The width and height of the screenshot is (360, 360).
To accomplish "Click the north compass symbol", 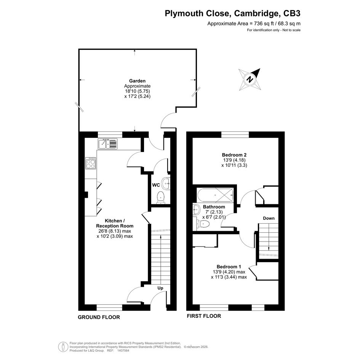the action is [250, 80].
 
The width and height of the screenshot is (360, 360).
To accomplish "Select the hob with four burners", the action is [91, 163].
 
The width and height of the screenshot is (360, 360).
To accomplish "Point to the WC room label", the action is [156, 185].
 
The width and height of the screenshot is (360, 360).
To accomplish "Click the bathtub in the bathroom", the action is [215, 195].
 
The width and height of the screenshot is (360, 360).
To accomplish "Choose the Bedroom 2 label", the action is [234, 155].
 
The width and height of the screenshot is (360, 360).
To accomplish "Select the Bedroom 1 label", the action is [229, 267].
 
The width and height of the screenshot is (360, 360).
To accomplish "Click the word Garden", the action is [137, 81].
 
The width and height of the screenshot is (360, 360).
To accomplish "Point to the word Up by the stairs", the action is [160, 288].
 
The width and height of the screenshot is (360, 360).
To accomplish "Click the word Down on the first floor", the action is [269, 218].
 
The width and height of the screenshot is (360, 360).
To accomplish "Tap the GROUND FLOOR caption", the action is [99, 317].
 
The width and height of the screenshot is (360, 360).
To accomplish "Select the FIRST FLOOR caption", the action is [204, 316].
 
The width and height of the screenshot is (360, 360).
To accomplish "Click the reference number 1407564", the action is [123, 350].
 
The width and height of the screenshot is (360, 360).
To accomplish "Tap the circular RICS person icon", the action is [63, 347].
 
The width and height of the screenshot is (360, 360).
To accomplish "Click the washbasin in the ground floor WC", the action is [166, 184].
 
